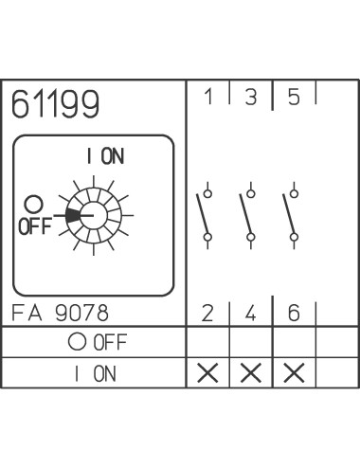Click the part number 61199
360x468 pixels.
(x=55, y=103)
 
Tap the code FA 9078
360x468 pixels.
(x=60, y=313)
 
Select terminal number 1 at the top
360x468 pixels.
(x=208, y=97)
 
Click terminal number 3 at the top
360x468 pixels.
(x=251, y=97)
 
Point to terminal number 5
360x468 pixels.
(x=294, y=97)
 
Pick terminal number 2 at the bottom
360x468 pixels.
(x=207, y=314)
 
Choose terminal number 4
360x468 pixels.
(x=250, y=314)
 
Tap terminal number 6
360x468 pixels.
(x=294, y=314)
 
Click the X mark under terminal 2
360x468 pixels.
(x=207, y=373)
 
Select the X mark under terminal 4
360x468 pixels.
(x=251, y=373)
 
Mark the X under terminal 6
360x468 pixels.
(x=294, y=373)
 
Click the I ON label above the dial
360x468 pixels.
(x=105, y=156)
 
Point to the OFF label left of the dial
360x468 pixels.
(x=35, y=226)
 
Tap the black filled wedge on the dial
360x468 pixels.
(x=73, y=216)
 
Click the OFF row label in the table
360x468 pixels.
(x=98, y=342)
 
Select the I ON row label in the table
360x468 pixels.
(x=96, y=373)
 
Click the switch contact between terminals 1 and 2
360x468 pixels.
(x=205, y=216)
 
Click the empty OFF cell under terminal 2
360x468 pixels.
(x=207, y=342)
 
